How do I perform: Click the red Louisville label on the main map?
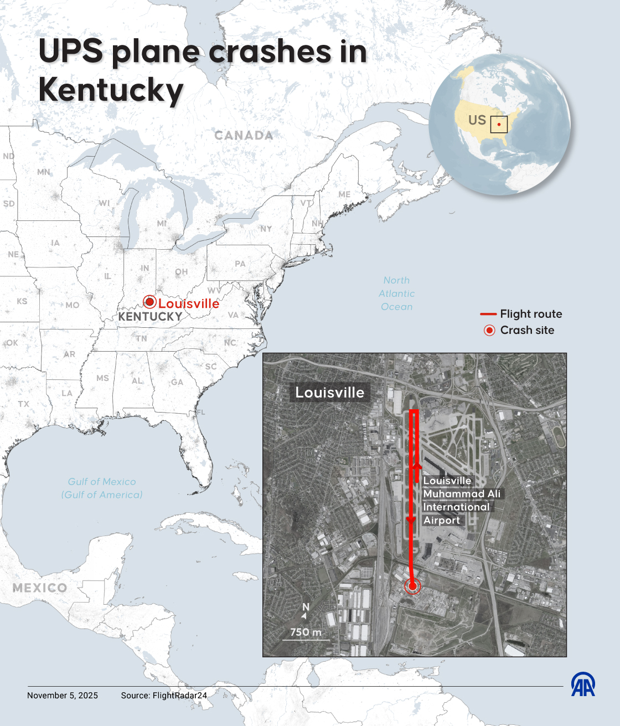click(x=189, y=303)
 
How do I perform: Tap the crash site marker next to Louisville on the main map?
click(x=149, y=302)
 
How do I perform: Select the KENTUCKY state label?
click(x=150, y=317)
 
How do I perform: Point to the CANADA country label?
click(x=244, y=136)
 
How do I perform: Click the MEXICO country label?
click(x=40, y=588)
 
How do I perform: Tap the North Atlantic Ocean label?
click(x=397, y=294)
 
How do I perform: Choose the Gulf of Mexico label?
click(x=102, y=488)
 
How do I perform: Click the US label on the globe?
click(x=477, y=120)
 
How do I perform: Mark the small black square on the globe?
click(x=499, y=124)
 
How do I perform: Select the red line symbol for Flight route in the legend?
click(x=488, y=314)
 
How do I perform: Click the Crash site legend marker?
click(x=489, y=331)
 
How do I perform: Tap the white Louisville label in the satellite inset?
click(x=330, y=393)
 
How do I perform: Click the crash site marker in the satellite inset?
click(x=412, y=586)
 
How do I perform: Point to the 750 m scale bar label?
click(x=306, y=632)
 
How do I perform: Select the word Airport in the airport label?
click(x=442, y=521)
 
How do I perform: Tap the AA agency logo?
click(x=583, y=684)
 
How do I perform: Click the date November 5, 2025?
click(x=63, y=696)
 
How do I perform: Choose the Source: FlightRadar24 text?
click(x=164, y=696)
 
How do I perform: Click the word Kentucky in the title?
click(x=111, y=90)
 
